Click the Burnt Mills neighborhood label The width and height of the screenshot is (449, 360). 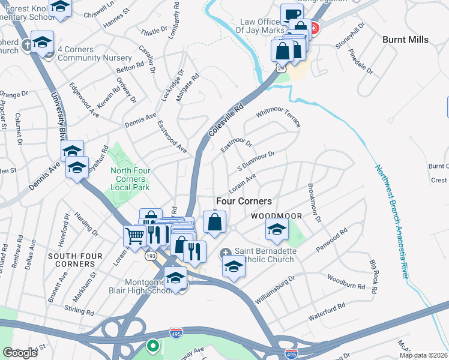pos(405,40)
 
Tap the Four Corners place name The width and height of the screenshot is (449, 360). pos(244,202)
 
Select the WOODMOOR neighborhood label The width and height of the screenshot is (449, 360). pos(276,215)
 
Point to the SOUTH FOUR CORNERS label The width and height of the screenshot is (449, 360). pos(71,260)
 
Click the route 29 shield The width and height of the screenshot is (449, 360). pos(280,70)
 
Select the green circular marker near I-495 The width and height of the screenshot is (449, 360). pos(153,346)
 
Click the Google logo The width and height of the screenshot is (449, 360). pos(20,353)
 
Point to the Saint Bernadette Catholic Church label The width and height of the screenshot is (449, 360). pos(259,256)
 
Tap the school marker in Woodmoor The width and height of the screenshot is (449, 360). pos(277,229)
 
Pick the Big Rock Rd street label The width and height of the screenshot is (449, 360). pos(373,277)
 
